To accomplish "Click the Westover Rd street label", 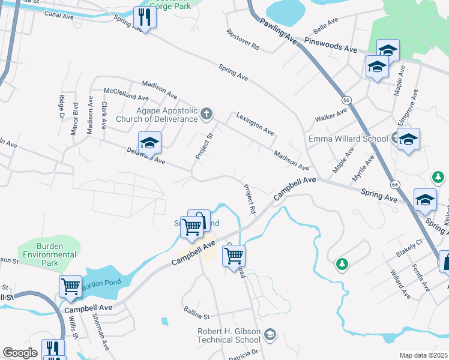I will pyautogui.click(x=243, y=39).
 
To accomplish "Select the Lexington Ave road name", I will pyautogui.click(x=255, y=124).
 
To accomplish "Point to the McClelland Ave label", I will pyautogui.click(x=126, y=97).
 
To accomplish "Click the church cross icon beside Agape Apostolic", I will pyautogui.click(x=206, y=113).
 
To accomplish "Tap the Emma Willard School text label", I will pyautogui.click(x=348, y=139).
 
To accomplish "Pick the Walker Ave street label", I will pyautogui.click(x=332, y=115).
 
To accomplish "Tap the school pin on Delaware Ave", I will pyautogui.click(x=149, y=143).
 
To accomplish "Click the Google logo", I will pyautogui.click(x=20, y=352).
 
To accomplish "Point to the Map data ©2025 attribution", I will pyautogui.click(x=423, y=355).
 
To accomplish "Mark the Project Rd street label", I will pyautogui.click(x=250, y=199).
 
